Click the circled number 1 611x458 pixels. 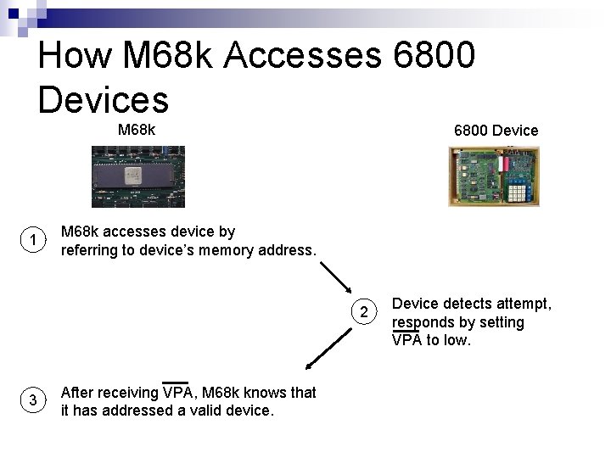pos(31,242)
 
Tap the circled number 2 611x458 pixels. pos(363,312)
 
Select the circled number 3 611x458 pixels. pos(31,401)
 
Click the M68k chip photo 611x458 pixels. pos(137,176)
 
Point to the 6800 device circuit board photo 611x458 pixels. pos(493,176)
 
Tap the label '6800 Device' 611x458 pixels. pos(496,130)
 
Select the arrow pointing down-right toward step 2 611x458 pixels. pos(338,276)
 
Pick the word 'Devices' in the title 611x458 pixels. pos(104,98)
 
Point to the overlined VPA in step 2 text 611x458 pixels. pos(406,340)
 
